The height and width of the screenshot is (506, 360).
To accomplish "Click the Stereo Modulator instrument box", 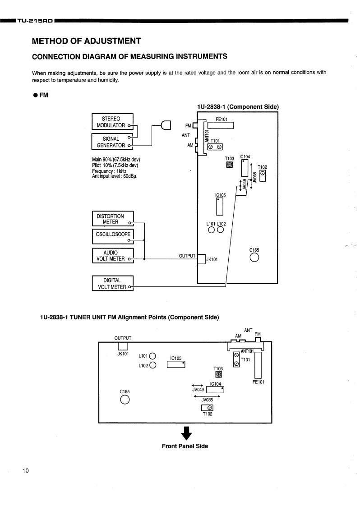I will click(112, 122).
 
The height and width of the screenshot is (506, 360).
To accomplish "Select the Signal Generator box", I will click(112, 142).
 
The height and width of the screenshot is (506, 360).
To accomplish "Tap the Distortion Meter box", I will click(112, 219).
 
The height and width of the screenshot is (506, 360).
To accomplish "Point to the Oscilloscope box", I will click(112, 236).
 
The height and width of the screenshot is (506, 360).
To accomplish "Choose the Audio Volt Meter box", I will click(112, 256).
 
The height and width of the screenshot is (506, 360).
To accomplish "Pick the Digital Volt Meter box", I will click(112, 283).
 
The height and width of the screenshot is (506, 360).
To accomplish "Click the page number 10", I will click(25, 471).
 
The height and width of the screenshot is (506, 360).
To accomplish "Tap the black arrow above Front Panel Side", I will click(186, 434).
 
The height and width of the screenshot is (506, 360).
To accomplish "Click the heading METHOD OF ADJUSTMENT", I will click(87, 41).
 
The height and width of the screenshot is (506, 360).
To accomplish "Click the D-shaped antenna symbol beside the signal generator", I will click(166, 124).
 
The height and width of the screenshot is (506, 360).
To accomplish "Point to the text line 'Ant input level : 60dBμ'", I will click(114, 176).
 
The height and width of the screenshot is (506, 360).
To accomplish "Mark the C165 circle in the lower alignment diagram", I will click(125, 400).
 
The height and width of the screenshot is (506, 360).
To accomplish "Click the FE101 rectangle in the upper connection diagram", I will click(221, 125).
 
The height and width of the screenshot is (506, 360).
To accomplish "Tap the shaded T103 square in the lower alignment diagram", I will click(218, 374).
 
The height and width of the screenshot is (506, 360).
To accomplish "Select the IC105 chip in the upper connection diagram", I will click(220, 206).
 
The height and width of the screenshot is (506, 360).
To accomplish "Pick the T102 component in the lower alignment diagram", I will click(208, 409).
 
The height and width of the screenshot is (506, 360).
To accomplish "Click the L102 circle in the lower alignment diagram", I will click(153, 365).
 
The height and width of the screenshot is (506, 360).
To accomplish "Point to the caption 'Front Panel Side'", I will click(185, 446).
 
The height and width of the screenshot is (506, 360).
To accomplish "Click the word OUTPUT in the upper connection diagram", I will click(187, 256).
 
